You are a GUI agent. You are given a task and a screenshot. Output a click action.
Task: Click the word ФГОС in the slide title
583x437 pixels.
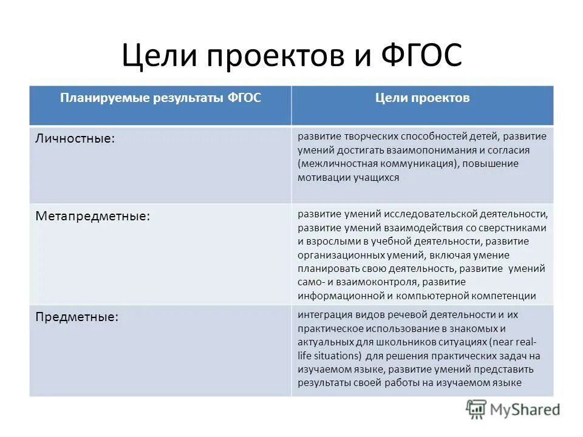tap(421, 56)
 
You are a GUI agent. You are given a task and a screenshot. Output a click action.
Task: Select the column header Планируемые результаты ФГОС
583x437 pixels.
tap(160, 98)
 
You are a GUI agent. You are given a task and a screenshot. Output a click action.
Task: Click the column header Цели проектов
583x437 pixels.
tap(423, 98)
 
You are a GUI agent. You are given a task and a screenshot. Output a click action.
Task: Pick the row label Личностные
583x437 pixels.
tap(74, 138)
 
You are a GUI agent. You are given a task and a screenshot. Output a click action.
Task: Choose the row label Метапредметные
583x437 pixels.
tap(93, 216)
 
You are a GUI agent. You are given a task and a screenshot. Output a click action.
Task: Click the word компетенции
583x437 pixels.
tap(505, 296)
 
